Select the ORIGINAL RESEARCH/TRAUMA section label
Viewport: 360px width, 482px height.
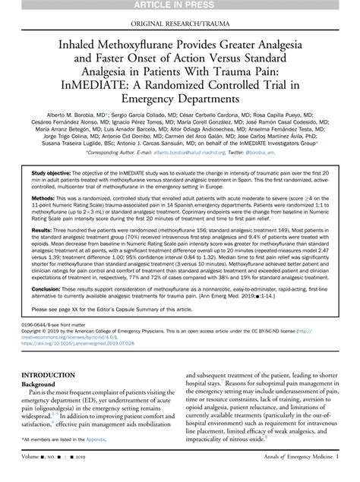pyautogui.click(x=180, y=22)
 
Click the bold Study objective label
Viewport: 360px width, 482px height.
pyautogui.click(x=49, y=172)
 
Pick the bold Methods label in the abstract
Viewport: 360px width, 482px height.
pyautogui.click(x=43, y=198)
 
